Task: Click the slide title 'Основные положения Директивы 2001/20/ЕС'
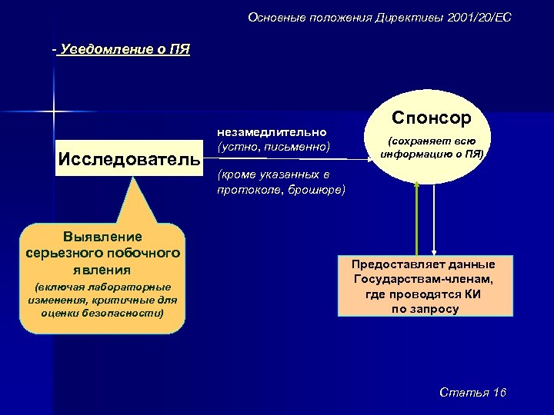(380, 17)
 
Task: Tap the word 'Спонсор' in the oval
(432, 118)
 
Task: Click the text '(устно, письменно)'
(273, 145)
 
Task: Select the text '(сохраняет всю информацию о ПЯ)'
(432, 147)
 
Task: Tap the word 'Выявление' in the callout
(102, 236)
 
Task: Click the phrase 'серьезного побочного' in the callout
(102, 253)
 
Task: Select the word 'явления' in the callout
(102, 270)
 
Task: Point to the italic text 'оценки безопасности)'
(102, 313)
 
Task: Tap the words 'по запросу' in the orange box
(425, 309)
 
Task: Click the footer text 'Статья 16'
(472, 393)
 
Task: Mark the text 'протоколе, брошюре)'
(282, 190)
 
